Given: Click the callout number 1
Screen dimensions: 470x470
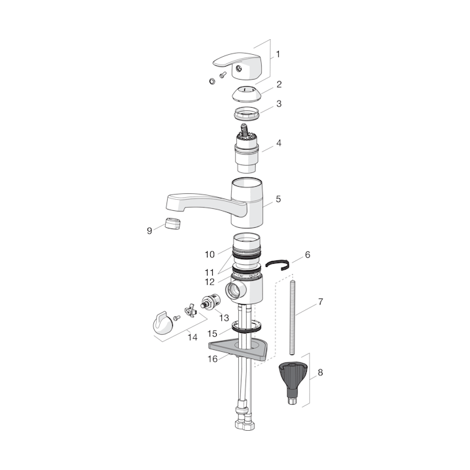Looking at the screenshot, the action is coord(278,54).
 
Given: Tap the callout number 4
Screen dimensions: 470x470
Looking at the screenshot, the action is coord(279,143).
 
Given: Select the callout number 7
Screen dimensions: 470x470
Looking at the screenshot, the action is coord(321,302).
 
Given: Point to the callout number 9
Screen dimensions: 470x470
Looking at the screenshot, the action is coord(149,231).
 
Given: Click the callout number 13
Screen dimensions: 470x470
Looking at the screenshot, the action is coord(224,318).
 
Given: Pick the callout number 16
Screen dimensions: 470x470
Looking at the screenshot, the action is coord(213,359).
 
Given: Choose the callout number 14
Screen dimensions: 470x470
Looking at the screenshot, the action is coord(193,337).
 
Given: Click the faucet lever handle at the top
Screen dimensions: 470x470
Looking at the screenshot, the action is coord(238,65).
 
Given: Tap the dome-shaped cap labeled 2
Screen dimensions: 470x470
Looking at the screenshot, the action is coord(247,94).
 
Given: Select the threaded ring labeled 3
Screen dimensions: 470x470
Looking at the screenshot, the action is coord(247,114).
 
